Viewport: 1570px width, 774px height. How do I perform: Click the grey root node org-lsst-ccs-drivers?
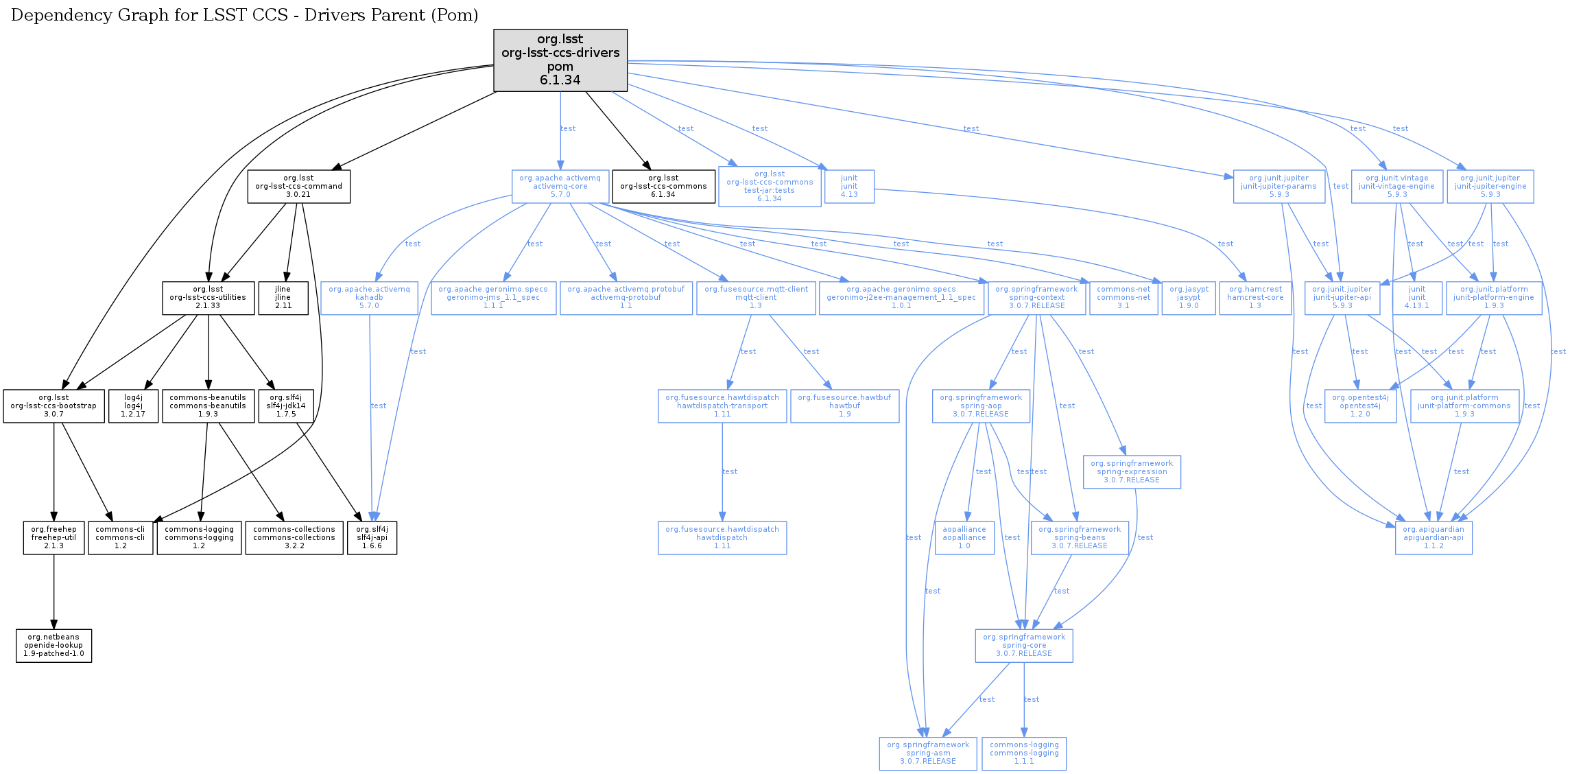[x=560, y=60]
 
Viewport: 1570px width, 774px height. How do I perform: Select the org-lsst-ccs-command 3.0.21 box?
[x=298, y=187]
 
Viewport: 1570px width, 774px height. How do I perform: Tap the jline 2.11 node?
[x=283, y=298]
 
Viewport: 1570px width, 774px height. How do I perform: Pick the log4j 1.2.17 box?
[x=133, y=406]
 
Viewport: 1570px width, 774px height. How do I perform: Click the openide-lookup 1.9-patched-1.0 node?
[x=53, y=646]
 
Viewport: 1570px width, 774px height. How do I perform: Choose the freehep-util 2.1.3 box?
[x=53, y=538]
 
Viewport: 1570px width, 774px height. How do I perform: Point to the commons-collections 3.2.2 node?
[x=294, y=538]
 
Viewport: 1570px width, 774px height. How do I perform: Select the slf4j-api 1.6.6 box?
[x=372, y=538]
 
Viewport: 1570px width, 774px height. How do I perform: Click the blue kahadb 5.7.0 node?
[x=369, y=298]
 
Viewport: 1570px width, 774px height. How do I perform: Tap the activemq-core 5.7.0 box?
[x=560, y=187]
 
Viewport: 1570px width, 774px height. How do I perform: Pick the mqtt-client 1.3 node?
[x=756, y=298]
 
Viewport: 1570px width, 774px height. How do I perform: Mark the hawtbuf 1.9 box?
[x=844, y=406]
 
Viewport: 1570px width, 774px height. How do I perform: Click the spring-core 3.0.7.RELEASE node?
[x=1024, y=646]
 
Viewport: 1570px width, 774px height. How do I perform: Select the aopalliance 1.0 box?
[x=964, y=538]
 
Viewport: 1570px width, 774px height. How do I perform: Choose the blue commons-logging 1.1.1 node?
[x=1024, y=753]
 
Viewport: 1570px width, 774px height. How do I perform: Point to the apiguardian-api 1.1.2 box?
[x=1434, y=538]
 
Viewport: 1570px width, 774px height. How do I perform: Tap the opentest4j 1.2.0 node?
[x=1360, y=406]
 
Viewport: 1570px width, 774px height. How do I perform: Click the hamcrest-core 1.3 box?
[x=1255, y=298]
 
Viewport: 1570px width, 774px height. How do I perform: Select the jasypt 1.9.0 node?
[x=1189, y=298]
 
